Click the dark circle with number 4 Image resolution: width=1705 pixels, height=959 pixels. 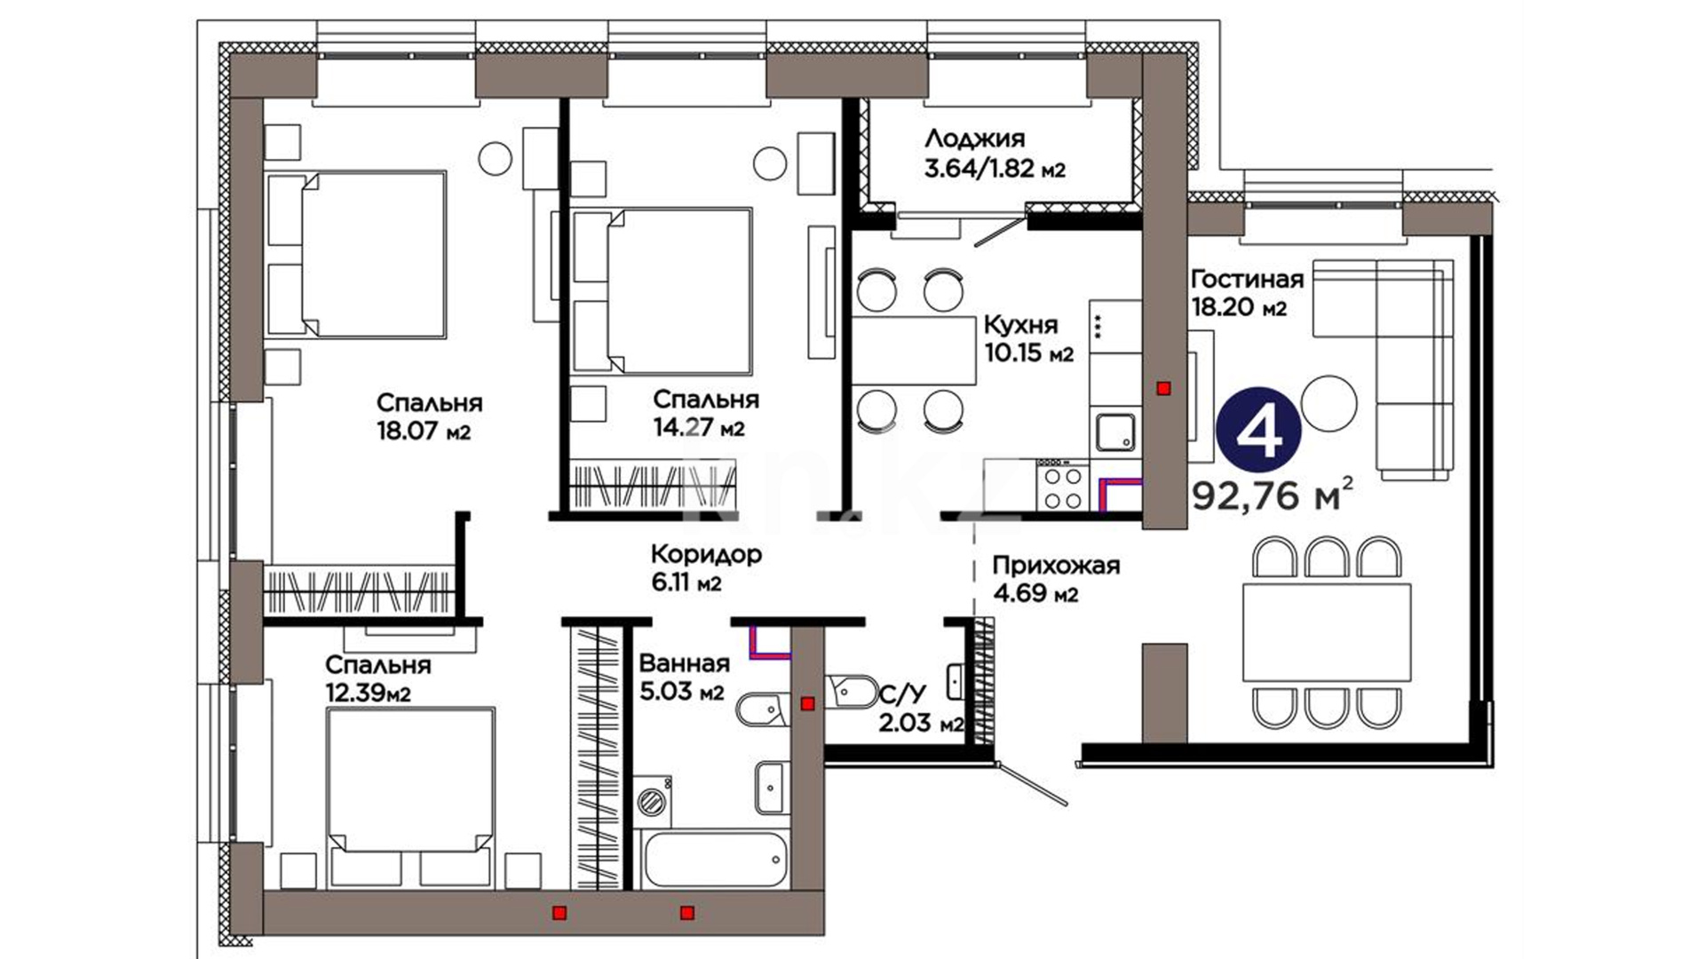(x=1258, y=432)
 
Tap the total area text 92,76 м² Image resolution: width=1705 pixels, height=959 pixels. (x=1273, y=495)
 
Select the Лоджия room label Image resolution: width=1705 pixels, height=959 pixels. (x=974, y=139)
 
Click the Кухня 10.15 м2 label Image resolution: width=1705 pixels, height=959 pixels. (x=1029, y=338)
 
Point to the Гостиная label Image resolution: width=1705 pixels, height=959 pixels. (x=1247, y=280)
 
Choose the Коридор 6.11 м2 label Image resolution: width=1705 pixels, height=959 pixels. (x=706, y=568)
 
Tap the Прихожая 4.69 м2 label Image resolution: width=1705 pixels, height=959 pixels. (x=1056, y=579)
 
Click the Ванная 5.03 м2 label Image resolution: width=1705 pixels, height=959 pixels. (x=684, y=677)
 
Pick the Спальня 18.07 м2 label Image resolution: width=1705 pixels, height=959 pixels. (x=429, y=416)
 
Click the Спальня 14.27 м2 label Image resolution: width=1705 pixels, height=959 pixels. (x=705, y=414)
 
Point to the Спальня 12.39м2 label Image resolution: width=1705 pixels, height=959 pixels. (x=377, y=678)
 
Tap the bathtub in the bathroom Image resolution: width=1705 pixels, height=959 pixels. (x=714, y=859)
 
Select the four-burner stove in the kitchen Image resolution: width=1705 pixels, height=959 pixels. (x=1062, y=484)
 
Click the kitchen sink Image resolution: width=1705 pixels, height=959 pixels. (x=1115, y=432)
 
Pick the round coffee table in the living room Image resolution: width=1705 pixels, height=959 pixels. (x=1328, y=403)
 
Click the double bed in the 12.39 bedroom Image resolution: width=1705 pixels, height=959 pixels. (x=409, y=798)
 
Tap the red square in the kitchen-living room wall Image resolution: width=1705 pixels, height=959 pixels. (x=1164, y=388)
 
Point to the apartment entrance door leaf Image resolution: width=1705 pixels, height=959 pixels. (x=1031, y=782)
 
